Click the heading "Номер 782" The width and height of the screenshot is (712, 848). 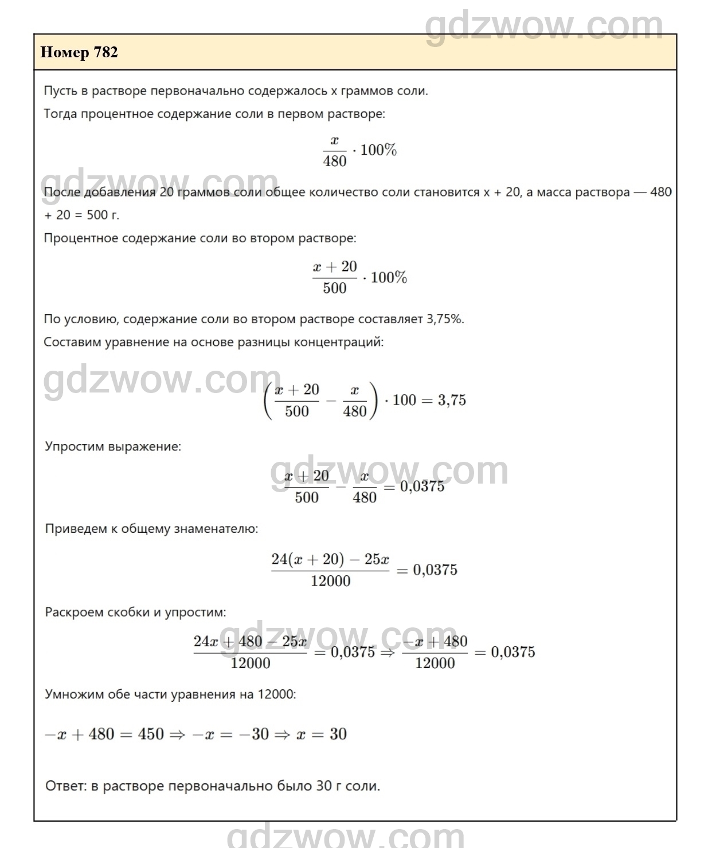79,53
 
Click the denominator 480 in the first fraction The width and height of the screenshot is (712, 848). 335,161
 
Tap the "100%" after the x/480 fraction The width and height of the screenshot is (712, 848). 378,150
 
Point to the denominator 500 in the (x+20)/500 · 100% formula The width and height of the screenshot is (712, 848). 335,288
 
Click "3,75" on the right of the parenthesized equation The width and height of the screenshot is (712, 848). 452,400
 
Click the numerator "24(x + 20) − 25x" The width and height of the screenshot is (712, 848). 330,559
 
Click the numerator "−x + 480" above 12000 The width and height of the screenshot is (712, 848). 435,642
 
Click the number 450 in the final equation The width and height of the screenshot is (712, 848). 151,734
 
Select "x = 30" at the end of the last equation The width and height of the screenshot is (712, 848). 322,734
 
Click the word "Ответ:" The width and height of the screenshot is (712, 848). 65,786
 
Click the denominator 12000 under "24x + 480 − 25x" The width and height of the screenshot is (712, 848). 251,664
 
